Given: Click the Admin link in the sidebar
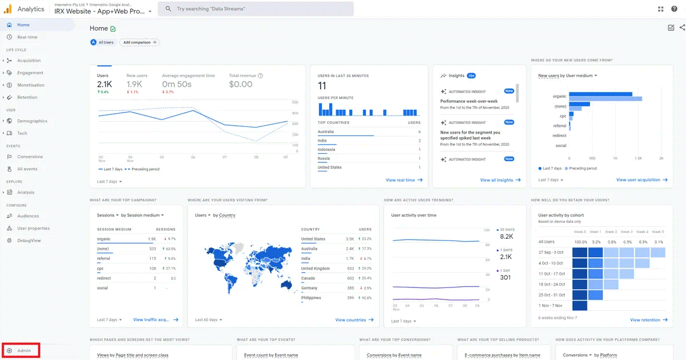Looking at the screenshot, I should (23, 350).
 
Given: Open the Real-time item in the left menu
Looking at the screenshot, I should (27, 37).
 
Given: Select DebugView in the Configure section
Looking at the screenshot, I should (29, 241).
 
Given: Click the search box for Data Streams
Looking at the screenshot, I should (257, 9).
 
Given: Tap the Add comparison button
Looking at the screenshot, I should (139, 42).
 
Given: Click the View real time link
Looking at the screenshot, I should (404, 180).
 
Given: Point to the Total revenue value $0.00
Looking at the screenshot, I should (241, 85).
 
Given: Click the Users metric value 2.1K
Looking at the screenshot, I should (105, 85).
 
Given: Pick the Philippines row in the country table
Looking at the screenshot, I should (311, 298).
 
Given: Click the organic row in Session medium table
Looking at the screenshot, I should (104, 239).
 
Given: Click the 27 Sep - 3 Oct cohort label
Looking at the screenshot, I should (551, 252).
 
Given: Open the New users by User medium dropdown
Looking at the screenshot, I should (567, 75).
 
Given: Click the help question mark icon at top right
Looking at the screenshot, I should (674, 9).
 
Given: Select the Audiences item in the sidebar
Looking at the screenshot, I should (28, 216).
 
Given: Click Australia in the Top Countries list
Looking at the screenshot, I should (326, 132).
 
